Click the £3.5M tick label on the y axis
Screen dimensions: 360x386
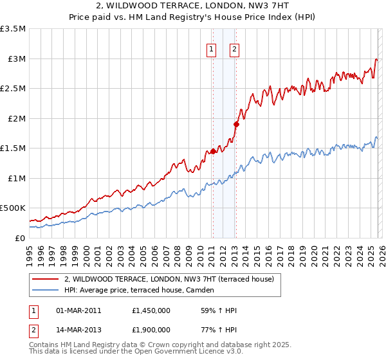[x=13, y=29]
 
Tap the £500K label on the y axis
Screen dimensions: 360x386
[x=13, y=208]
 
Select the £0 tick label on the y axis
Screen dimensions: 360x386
[x=20, y=238]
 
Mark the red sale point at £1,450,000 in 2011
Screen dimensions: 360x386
[x=212, y=152]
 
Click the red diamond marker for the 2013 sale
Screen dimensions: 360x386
[x=235, y=124]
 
